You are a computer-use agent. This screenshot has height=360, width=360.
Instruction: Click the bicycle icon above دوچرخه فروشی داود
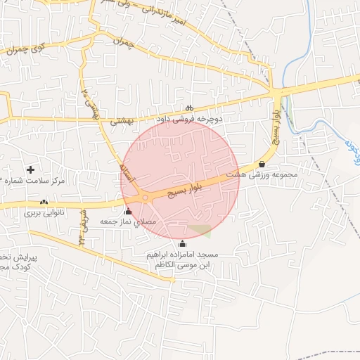189,108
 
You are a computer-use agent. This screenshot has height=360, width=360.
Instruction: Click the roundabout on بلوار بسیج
146,198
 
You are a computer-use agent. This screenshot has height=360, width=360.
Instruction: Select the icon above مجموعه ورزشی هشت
262,164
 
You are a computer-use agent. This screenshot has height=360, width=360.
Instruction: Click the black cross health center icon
30,169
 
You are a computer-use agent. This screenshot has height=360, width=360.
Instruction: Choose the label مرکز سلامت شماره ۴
33,181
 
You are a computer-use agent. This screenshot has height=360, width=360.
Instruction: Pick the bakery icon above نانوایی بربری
44,202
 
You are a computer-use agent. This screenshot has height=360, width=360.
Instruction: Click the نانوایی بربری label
44,212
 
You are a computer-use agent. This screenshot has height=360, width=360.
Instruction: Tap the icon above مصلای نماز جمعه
128,211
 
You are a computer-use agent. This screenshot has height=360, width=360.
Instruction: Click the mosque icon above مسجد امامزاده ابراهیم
184,243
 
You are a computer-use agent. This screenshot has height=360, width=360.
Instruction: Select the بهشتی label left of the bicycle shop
121,122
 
